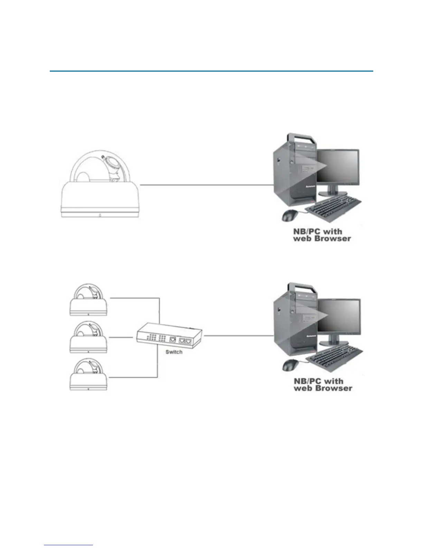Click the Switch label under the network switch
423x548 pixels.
point(174,352)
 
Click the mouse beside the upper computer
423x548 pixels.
point(290,216)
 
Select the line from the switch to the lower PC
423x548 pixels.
point(238,335)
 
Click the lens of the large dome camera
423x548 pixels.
point(111,163)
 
